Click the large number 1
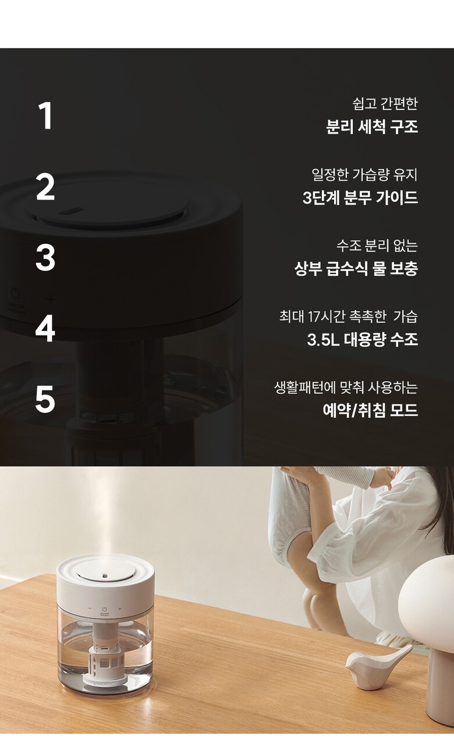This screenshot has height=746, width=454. (45, 115)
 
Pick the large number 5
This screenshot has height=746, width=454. (45, 400)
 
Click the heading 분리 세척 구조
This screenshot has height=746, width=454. (372, 126)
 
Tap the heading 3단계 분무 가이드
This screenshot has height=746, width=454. (360, 198)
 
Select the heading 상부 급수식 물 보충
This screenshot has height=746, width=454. (356, 269)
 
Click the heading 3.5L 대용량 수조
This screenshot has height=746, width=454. (363, 339)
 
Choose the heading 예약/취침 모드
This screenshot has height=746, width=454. (370, 410)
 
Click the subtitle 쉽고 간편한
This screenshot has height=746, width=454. (385, 104)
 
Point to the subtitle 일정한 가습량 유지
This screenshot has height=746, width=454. (364, 174)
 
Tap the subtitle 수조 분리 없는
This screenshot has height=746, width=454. (377, 245)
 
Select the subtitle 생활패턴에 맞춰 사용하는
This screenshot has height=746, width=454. (346, 388)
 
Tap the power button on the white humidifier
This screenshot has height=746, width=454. (104, 609)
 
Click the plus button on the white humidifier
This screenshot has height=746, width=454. (120, 609)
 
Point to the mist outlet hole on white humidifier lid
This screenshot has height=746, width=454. (105, 575)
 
